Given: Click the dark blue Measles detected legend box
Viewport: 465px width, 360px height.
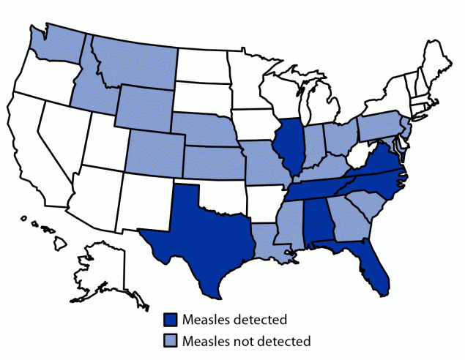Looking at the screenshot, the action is point(171,319).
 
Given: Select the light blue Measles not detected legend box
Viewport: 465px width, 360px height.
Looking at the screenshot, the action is point(171,340).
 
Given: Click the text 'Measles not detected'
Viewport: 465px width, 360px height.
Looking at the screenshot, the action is point(247,340).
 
